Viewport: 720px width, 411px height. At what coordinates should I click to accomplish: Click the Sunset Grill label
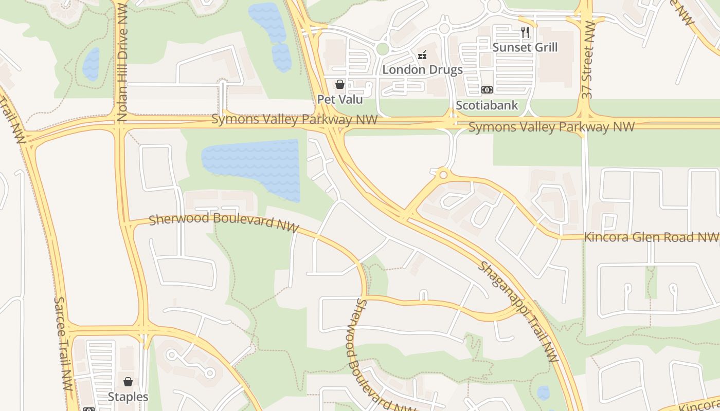click(525, 47)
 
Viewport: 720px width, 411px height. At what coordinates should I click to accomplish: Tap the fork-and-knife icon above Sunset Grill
click(525, 33)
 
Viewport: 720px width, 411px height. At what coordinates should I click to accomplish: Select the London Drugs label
click(422, 69)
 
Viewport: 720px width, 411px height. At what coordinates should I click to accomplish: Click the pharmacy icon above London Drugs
click(422, 54)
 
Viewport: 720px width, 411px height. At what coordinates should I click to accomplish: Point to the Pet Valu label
click(340, 99)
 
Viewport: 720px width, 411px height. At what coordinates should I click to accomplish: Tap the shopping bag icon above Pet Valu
click(339, 84)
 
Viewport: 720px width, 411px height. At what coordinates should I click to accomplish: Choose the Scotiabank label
click(487, 105)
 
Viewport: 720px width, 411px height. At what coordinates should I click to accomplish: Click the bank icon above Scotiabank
click(487, 90)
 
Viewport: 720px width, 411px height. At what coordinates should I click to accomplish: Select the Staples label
click(128, 397)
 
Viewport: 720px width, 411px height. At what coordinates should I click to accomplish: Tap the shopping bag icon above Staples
click(128, 382)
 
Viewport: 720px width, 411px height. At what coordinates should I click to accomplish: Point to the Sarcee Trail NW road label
click(63, 344)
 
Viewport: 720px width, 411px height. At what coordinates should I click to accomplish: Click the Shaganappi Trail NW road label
click(518, 311)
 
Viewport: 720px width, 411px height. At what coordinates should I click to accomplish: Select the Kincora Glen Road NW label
click(651, 237)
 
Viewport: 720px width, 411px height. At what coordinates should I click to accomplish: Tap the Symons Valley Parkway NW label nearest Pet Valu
click(294, 120)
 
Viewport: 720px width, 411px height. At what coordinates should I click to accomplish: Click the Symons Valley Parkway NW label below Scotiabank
click(551, 126)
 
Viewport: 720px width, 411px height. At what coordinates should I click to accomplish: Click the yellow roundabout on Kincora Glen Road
click(442, 175)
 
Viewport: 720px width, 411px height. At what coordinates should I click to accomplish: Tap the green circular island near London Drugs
click(382, 49)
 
